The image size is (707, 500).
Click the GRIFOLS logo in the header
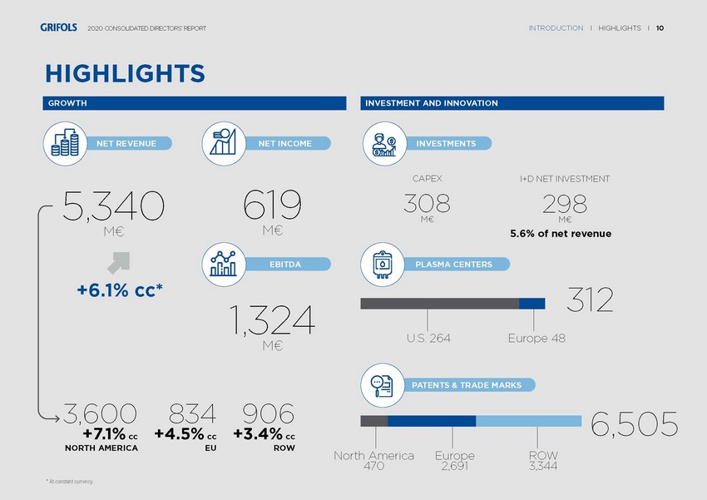click(x=58, y=28)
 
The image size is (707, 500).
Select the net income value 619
click(x=272, y=205)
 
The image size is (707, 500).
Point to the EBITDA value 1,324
click(x=272, y=320)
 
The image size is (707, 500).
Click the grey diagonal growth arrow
click(x=118, y=262)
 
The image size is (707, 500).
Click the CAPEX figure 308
click(x=427, y=202)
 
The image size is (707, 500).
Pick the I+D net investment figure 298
click(x=565, y=202)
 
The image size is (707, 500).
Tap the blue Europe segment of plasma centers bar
click(x=531, y=303)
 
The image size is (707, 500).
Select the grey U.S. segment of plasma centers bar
click(x=439, y=303)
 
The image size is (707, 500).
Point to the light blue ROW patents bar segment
click(x=528, y=421)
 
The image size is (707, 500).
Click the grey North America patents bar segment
click(x=373, y=421)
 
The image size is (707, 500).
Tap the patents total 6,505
click(x=634, y=424)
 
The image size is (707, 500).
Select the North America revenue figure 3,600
click(x=100, y=413)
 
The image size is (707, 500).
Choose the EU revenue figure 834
click(x=192, y=413)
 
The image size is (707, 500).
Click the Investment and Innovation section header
click(x=512, y=103)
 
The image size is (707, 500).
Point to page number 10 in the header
click(x=660, y=28)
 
